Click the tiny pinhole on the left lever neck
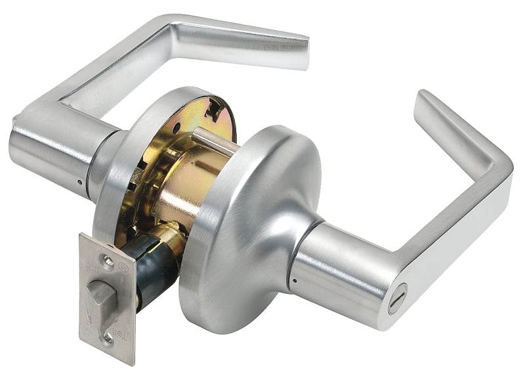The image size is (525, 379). point(79,182)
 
